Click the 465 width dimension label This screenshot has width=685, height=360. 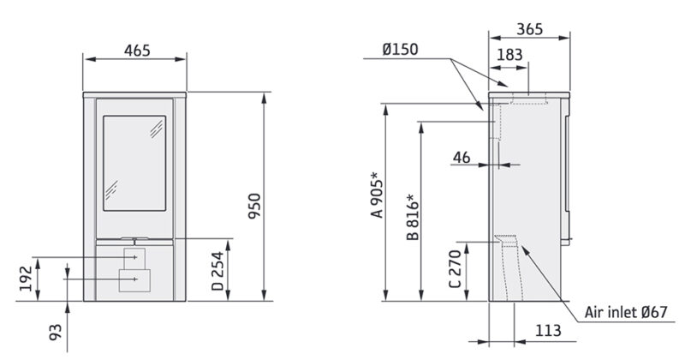[x=134, y=51]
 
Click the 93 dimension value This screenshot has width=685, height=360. [x=56, y=333]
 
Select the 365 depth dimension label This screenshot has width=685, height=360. [x=531, y=29]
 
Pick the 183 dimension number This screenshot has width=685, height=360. [x=509, y=55]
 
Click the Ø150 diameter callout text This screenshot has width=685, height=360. [x=400, y=50]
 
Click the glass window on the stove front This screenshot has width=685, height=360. [x=134, y=160]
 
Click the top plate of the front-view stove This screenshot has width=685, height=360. [x=134, y=92]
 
